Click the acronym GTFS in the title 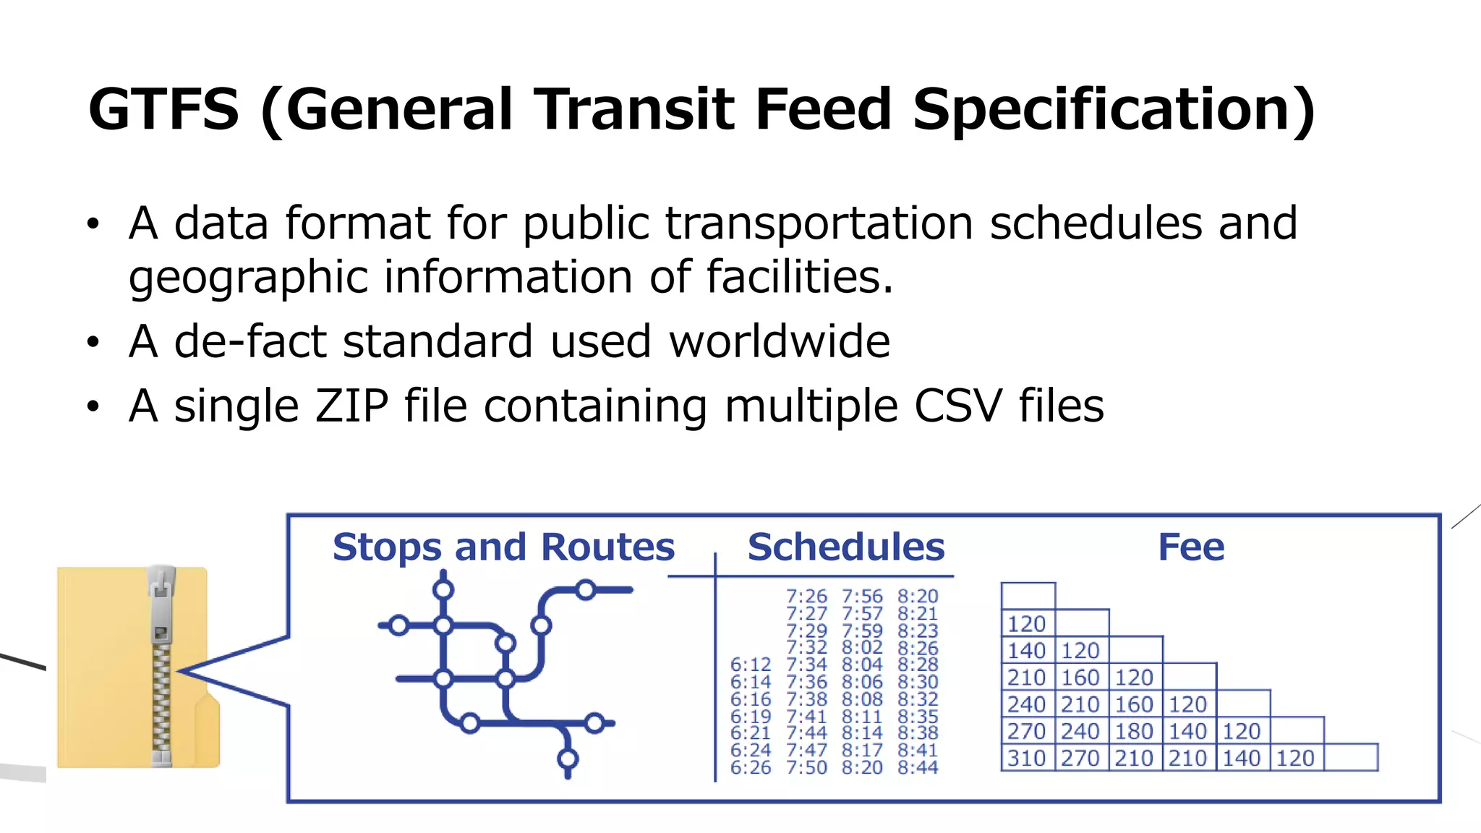[x=163, y=109]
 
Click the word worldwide [x=779, y=341]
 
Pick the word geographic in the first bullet [x=247, y=278]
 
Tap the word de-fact [x=249, y=341]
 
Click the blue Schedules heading [x=845, y=547]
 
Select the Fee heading [x=1190, y=547]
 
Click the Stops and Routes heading [x=503, y=547]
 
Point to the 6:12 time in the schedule [x=750, y=665]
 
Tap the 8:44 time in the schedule [x=918, y=767]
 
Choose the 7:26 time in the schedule [x=806, y=597]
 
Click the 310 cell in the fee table [x=1027, y=758]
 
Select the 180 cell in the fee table [x=1134, y=731]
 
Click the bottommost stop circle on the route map [x=568, y=759]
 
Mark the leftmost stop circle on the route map [x=398, y=625]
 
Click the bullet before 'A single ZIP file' [x=93, y=406]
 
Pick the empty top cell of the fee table [x=1028, y=596]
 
